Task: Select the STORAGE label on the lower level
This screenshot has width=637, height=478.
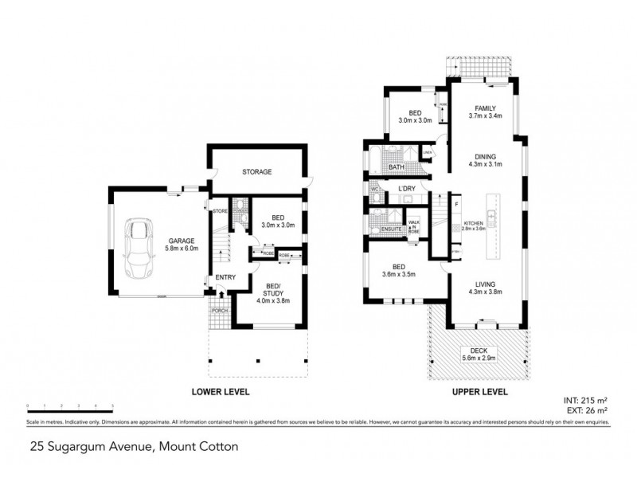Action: (x=257, y=171)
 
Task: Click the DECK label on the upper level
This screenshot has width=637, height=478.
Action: (x=483, y=351)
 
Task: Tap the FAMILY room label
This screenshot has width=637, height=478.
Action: (x=486, y=108)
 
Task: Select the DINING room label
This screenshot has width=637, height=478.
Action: (x=484, y=158)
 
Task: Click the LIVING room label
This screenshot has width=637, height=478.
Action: (x=484, y=284)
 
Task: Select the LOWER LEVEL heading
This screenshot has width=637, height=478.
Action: (x=220, y=392)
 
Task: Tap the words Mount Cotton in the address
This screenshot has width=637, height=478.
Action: (x=196, y=447)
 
